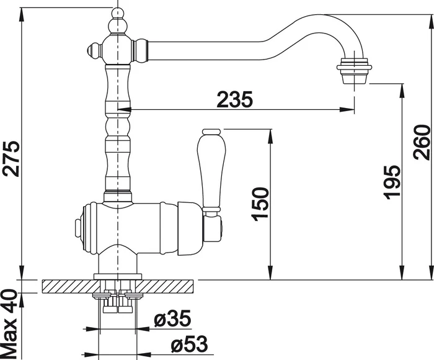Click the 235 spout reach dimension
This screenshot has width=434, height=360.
(235, 99)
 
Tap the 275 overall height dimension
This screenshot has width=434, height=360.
(11, 159)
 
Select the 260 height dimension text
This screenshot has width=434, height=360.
(422, 142)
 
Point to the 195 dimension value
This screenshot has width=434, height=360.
(392, 182)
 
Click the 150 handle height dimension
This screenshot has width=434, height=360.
(260, 204)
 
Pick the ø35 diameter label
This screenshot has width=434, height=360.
(172, 318)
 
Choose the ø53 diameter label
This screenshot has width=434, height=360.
(189, 344)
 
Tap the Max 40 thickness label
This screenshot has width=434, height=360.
(10, 324)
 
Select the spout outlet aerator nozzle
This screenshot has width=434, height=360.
(354, 70)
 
